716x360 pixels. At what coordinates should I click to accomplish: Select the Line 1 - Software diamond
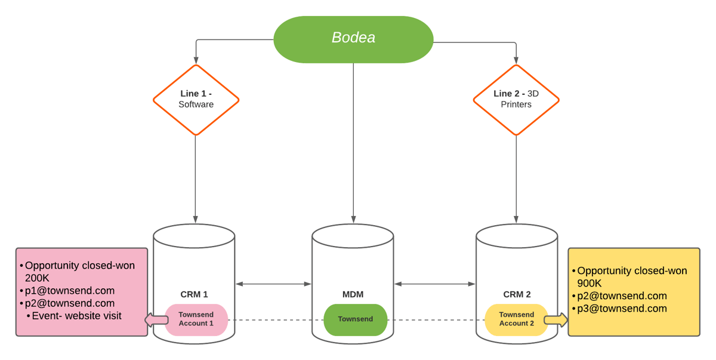196,99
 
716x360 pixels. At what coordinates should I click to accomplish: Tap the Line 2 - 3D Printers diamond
516,99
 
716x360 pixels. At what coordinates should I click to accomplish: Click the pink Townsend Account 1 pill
196,319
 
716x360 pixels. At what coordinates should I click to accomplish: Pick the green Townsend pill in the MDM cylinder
356,319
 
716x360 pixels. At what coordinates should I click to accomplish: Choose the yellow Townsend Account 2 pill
517,319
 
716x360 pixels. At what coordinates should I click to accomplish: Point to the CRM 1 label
194,294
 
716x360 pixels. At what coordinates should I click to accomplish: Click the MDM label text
353,294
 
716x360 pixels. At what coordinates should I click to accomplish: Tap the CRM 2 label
517,294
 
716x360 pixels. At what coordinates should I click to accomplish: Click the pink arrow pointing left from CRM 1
156,321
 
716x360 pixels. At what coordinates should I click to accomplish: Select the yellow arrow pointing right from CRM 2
556,321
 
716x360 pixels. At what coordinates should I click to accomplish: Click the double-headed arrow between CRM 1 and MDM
274,284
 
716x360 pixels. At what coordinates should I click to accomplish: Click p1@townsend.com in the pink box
69,291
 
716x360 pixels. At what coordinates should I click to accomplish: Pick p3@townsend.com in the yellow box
622,309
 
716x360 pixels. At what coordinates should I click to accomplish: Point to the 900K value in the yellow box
590,283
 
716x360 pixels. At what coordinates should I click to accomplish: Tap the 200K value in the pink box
37,278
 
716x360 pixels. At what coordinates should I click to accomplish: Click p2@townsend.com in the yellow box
622,296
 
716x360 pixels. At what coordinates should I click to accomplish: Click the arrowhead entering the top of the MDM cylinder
353,220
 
